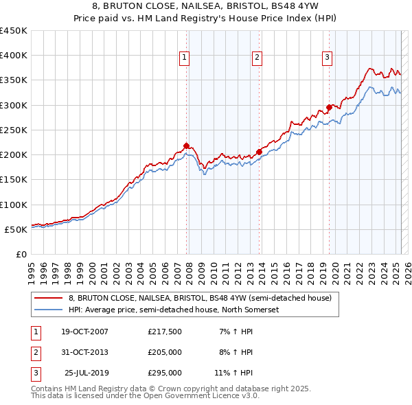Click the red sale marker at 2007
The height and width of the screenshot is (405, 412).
click(186, 146)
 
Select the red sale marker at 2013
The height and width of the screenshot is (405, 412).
click(259, 152)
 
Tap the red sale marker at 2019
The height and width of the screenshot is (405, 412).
click(329, 107)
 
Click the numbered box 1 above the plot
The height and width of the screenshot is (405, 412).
click(185, 58)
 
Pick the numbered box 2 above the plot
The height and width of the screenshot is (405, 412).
click(257, 58)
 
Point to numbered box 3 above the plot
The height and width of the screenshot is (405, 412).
click(328, 58)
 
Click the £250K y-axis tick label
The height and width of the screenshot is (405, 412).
click(14, 130)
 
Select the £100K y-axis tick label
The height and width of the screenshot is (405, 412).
click(14, 205)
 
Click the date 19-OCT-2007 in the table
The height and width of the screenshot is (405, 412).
click(84, 332)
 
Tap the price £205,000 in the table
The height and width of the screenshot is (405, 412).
click(165, 352)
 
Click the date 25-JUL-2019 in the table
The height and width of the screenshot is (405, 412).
click(87, 373)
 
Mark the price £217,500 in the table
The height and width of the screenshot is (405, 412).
click(165, 332)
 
